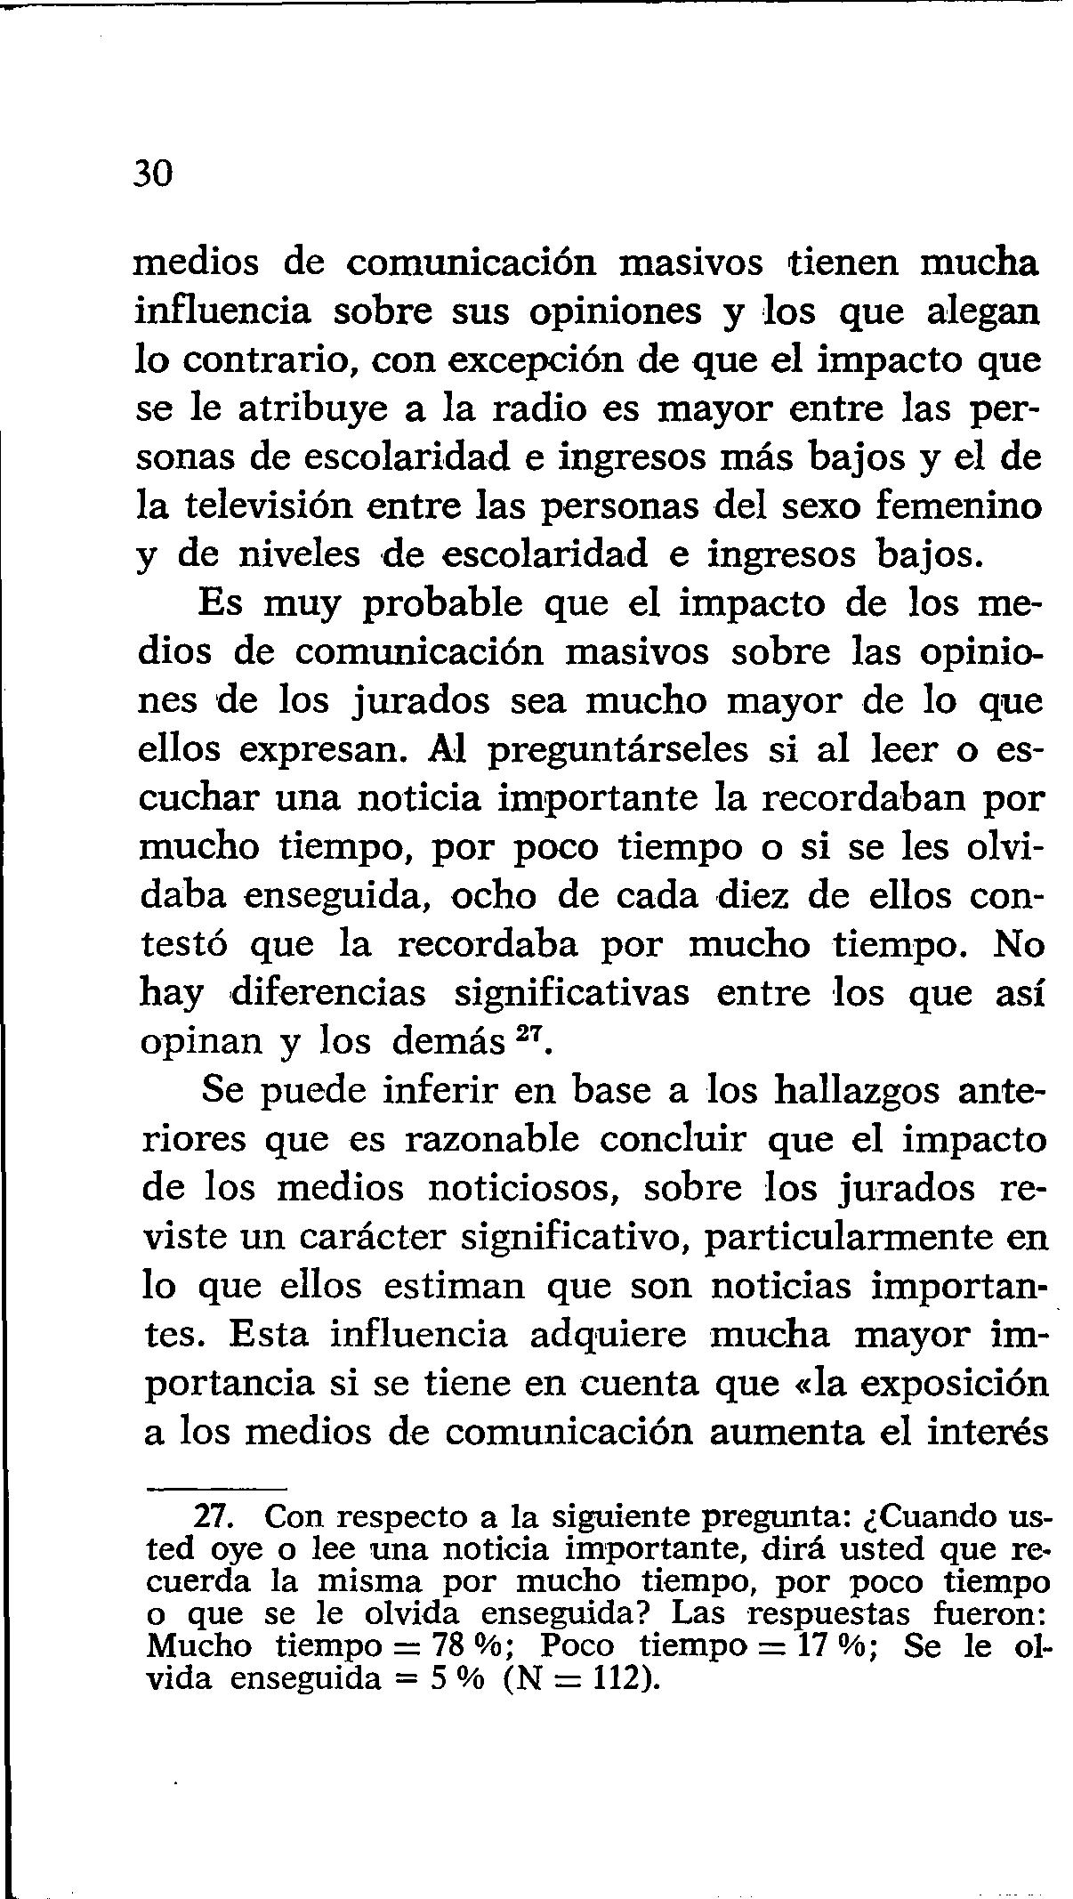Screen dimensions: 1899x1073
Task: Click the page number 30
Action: click(x=152, y=174)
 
